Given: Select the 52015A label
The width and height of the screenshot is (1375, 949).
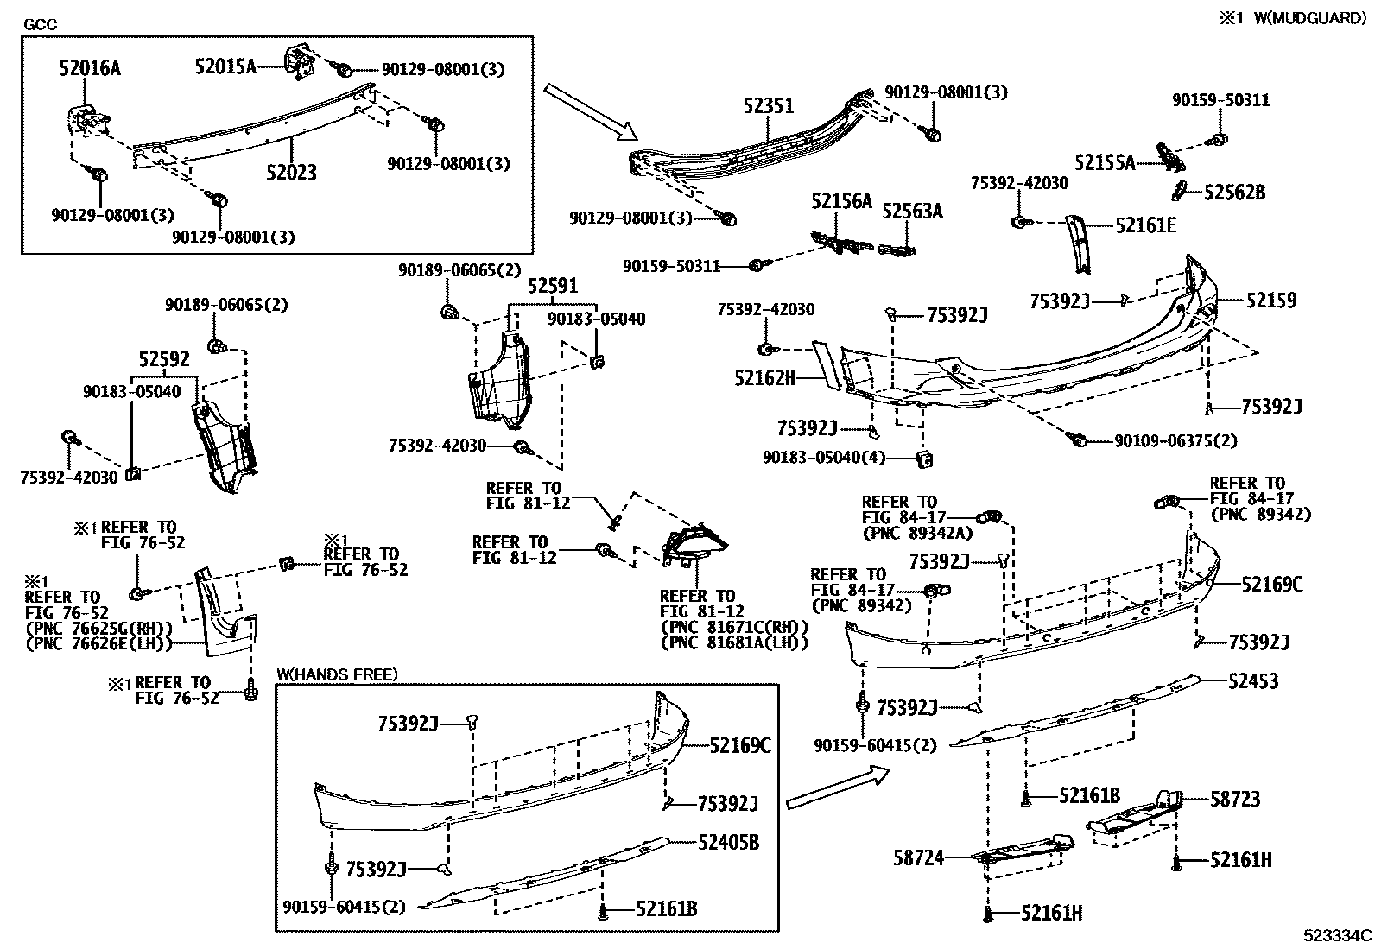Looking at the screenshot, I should click(225, 66).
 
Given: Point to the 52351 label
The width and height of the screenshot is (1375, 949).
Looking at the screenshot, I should click(769, 106).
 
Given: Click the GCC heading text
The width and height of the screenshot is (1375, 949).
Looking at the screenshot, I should click(40, 24).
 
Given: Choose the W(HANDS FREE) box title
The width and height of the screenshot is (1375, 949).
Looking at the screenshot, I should click(337, 674).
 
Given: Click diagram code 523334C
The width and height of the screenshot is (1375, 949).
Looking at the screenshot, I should click(1338, 935).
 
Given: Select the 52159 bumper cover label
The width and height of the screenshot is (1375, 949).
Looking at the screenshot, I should click(1270, 301).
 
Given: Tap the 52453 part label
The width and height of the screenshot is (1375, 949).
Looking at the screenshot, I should click(1253, 681).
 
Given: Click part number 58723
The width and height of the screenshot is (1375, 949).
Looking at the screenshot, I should click(1235, 800).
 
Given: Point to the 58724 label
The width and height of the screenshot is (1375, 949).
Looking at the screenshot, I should click(919, 858).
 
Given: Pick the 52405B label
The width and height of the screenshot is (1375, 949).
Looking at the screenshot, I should click(729, 842).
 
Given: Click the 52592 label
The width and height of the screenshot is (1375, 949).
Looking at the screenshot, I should click(164, 359).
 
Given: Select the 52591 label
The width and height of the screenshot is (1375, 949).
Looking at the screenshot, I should click(553, 286).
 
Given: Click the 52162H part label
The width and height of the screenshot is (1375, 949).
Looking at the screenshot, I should click(765, 377).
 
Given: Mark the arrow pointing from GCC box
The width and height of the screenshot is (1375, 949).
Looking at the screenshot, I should click(591, 111).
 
